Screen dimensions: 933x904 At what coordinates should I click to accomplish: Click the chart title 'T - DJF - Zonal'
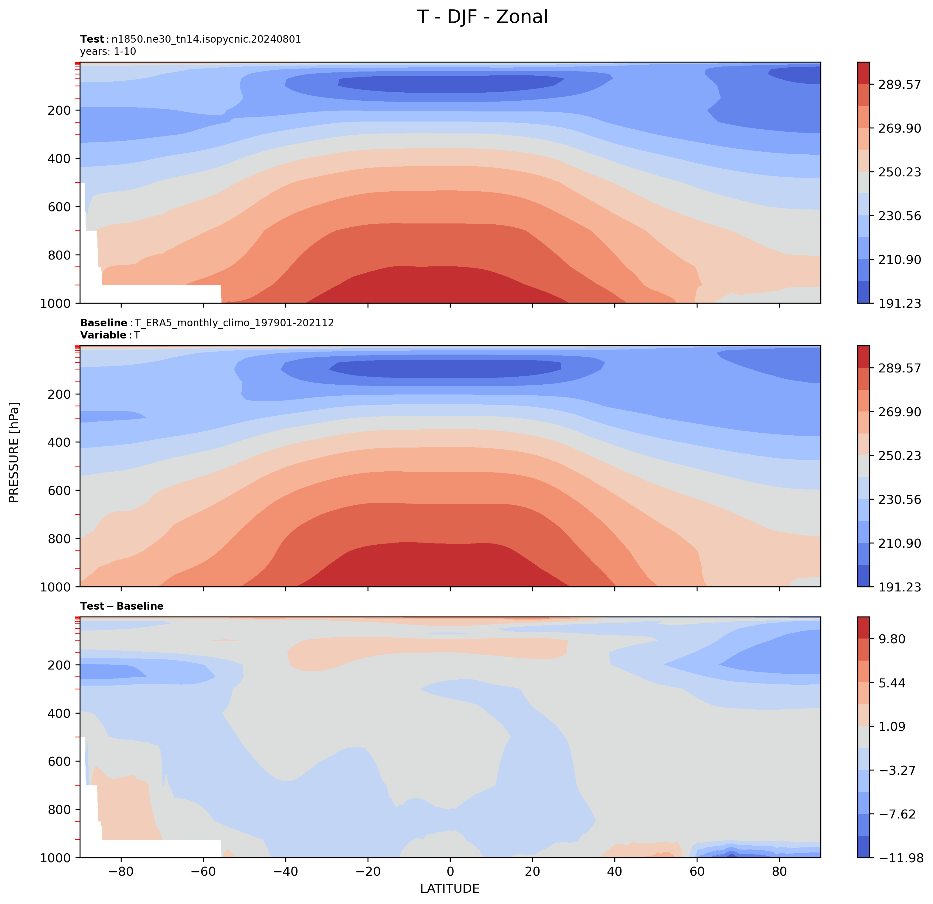pos(483,17)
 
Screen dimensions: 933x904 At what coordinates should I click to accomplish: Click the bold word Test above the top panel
pos(92,39)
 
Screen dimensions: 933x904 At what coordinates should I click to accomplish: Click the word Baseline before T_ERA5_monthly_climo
pos(103,323)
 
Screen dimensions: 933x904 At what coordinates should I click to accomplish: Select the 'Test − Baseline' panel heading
pos(122,606)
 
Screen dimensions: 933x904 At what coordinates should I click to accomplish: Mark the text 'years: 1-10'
pos(108,51)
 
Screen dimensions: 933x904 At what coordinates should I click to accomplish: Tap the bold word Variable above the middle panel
pos(103,335)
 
